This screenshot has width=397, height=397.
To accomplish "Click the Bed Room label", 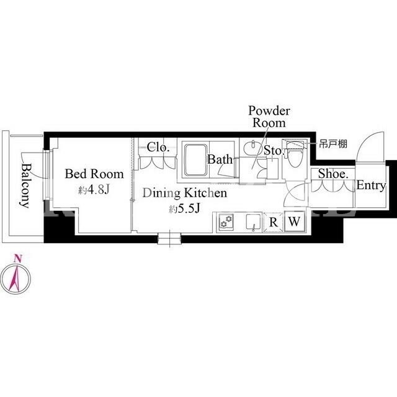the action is pos(94,174).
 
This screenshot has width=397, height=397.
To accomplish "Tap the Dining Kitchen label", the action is pos(185,193).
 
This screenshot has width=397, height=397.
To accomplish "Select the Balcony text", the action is pos(25,185).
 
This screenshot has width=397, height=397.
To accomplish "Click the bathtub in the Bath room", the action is pos(195,160).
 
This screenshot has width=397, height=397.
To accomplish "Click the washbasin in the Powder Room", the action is pos(251,146).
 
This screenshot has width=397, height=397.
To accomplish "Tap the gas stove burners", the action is pos(226,221).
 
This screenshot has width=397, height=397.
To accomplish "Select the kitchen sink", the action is pos(254,221).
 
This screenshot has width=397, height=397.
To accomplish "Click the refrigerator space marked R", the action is pos(273,222).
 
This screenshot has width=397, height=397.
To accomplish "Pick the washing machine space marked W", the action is pos(294,221).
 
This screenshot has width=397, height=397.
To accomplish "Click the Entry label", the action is pos(371,185).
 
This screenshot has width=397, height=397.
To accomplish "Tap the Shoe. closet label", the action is pos(333,174).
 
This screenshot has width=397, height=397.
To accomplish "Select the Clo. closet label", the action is pos(158,147).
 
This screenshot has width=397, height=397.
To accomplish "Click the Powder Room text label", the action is pos(269,117).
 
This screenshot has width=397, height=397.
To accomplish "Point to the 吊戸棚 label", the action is pos(333,144).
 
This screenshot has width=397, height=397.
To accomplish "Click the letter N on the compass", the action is pos(17,259).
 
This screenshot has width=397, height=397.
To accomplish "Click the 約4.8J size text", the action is pos(94,190).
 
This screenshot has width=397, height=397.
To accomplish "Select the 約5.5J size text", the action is pos(185,208).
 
